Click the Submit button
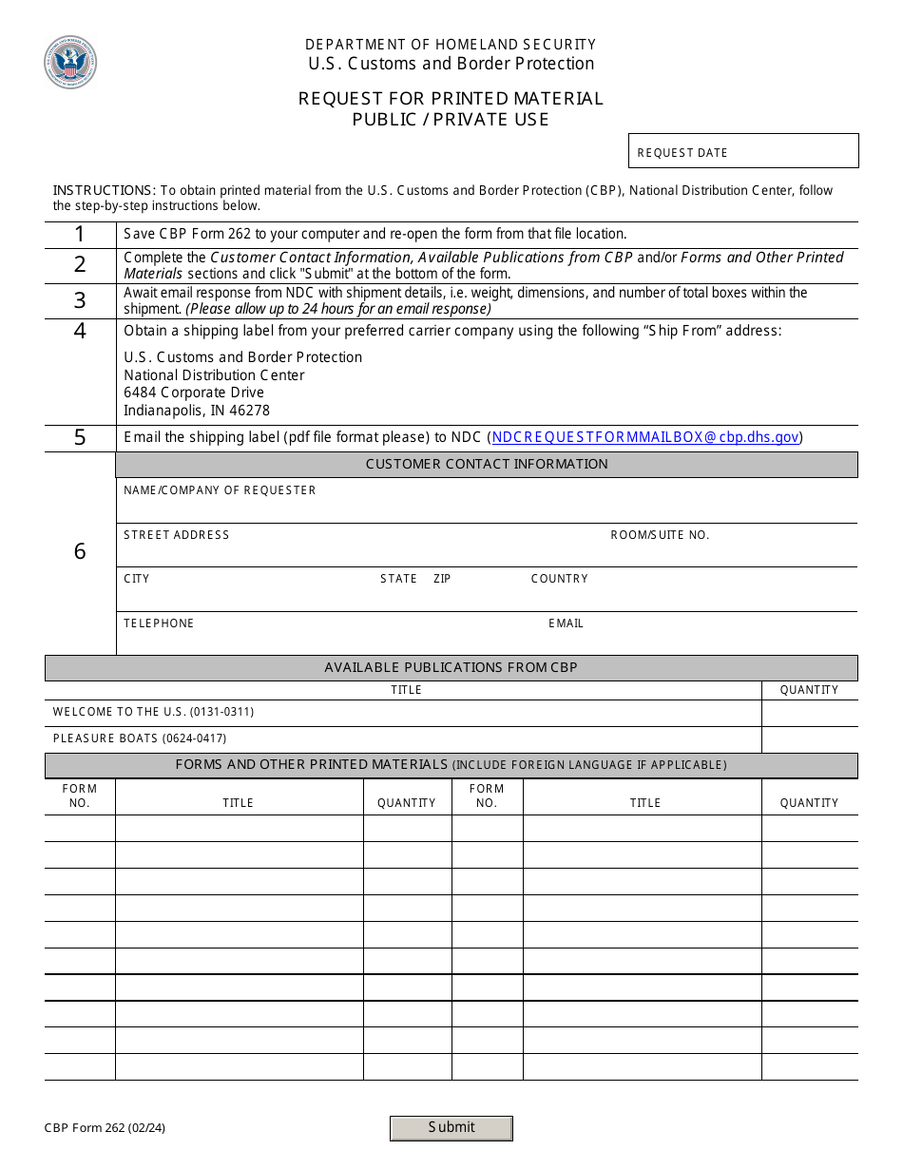[x=451, y=1127]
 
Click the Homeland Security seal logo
[x=70, y=63]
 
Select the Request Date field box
[x=743, y=151]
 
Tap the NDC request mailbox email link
[x=645, y=437]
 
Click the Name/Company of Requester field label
[x=220, y=490]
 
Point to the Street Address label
[x=177, y=535]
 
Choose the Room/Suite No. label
[x=660, y=535]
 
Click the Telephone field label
[x=159, y=623]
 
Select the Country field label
[x=559, y=579]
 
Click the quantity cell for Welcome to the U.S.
[x=809, y=713]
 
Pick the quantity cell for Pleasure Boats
[x=809, y=739]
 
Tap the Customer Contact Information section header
[x=487, y=464]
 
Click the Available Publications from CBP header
[x=451, y=667]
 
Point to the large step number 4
[x=80, y=331]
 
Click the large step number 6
[x=80, y=551]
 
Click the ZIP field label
[x=442, y=579]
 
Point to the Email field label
[x=566, y=623]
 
